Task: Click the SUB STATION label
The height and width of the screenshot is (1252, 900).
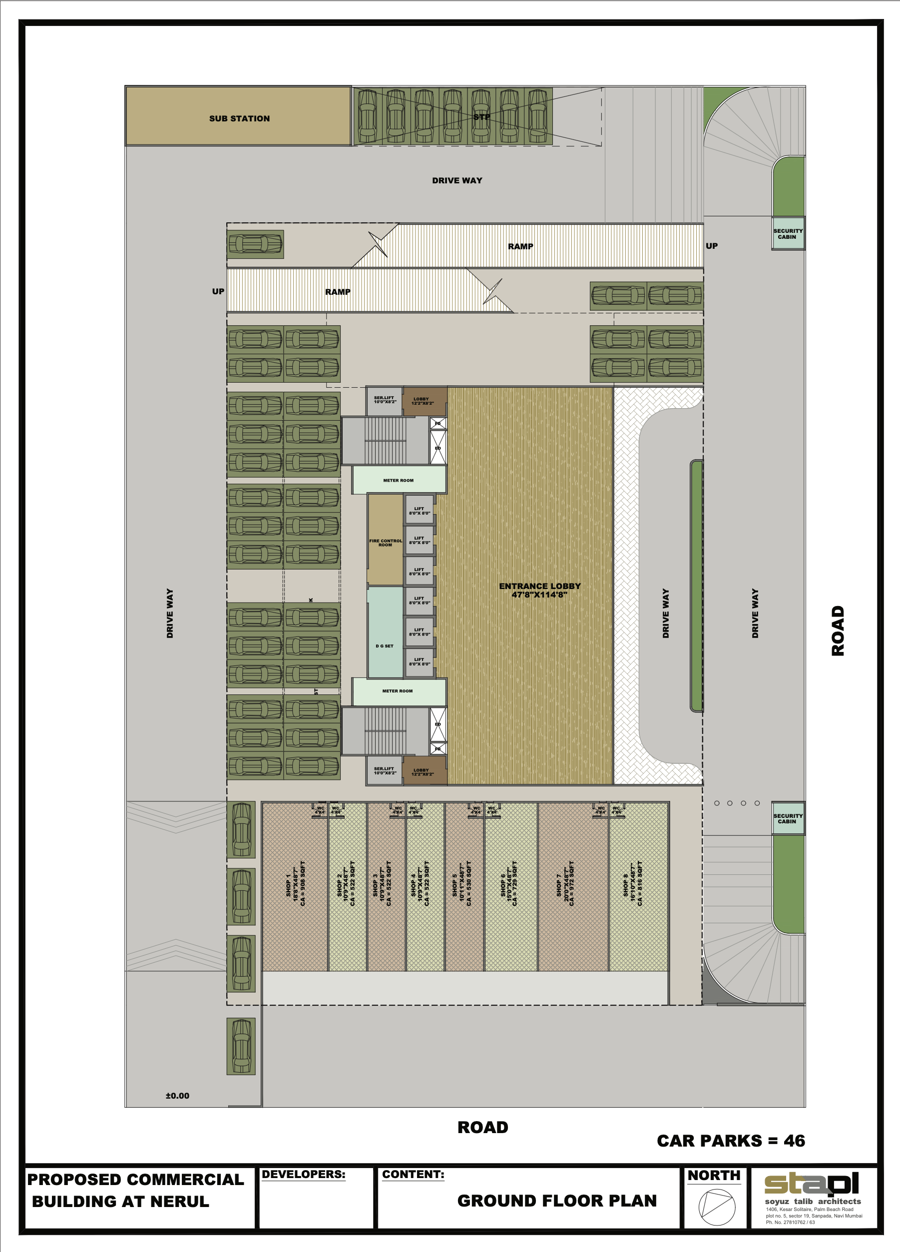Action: click(240, 119)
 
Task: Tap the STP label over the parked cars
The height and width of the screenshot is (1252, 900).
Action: click(482, 117)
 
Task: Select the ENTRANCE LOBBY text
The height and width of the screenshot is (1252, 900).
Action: click(540, 590)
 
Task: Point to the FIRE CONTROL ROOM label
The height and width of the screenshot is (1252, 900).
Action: click(386, 543)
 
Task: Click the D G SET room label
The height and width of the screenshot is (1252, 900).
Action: click(385, 646)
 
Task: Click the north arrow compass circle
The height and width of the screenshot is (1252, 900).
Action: click(717, 1207)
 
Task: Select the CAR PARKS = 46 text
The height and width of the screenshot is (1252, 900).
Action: click(731, 1141)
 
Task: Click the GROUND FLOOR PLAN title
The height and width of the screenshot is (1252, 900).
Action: click(557, 1201)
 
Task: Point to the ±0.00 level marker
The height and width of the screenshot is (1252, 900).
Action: click(177, 1096)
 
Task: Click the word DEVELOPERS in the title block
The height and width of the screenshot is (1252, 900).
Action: click(304, 1174)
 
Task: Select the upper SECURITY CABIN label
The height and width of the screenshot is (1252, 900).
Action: click(788, 234)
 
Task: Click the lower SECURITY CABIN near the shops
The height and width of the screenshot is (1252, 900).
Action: click(788, 819)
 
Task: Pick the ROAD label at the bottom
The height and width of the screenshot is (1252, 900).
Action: click(483, 1127)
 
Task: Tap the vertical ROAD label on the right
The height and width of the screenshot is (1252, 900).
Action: click(838, 630)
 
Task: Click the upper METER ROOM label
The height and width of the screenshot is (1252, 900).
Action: click(399, 480)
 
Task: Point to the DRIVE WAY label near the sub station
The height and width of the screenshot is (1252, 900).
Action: click(457, 180)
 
